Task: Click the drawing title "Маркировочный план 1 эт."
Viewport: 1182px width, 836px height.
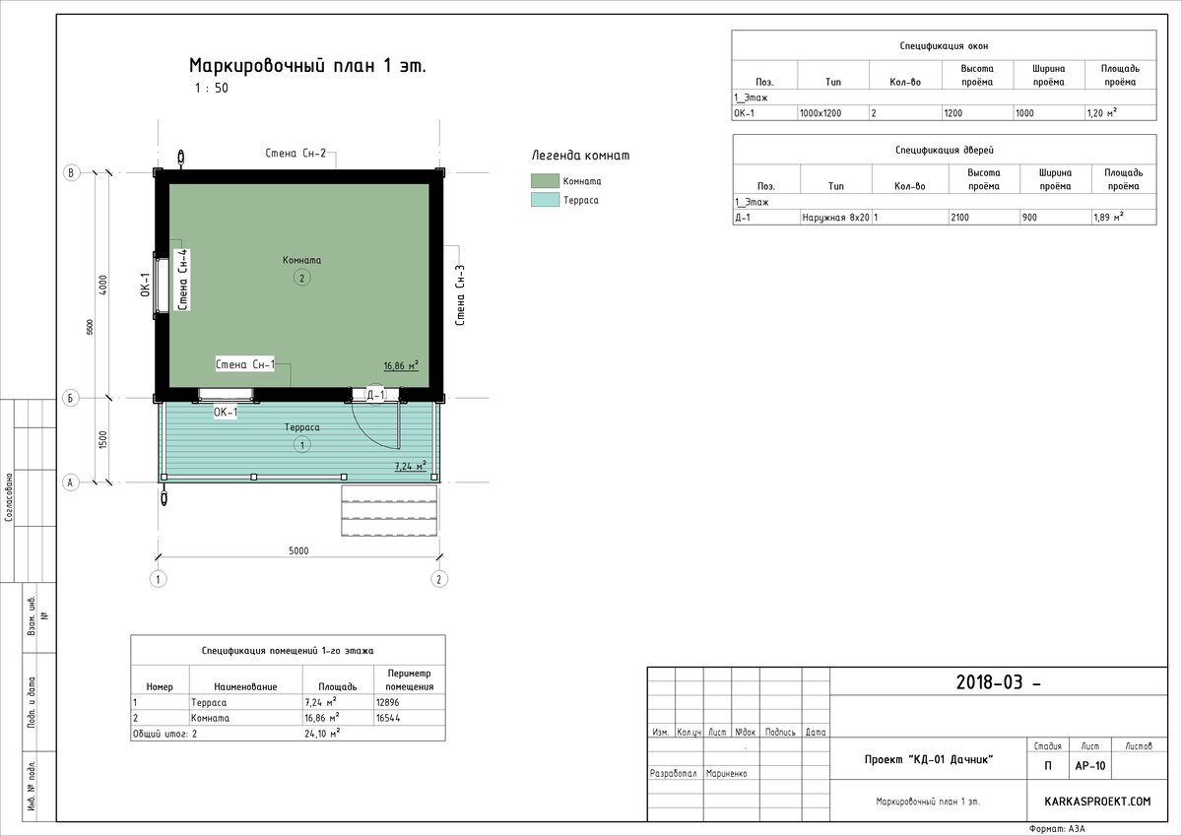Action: [307, 66]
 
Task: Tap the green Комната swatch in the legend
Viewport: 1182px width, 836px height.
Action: [545, 181]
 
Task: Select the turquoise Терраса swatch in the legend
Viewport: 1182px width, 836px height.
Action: [545, 199]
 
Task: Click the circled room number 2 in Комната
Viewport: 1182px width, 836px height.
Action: [301, 278]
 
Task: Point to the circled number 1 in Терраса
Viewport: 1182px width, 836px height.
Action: [301, 445]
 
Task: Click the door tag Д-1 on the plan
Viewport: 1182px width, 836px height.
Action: [375, 395]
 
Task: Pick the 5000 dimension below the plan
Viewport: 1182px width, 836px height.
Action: [298, 550]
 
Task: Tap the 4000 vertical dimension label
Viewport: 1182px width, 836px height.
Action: [102, 285]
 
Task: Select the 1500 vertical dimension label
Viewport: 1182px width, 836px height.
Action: [102, 440]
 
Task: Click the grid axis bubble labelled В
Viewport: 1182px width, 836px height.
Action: [71, 172]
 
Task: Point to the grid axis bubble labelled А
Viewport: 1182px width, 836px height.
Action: [71, 482]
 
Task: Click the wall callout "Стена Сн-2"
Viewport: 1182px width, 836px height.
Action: [295, 153]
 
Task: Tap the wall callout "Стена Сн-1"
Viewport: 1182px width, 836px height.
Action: [245, 364]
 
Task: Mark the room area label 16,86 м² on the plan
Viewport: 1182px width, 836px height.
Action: [401, 365]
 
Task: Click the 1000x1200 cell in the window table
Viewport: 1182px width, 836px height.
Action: [821, 113]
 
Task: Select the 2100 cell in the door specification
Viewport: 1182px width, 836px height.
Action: [959, 218]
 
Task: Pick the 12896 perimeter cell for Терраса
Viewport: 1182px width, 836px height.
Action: [388, 702]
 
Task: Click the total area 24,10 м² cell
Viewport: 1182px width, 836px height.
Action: [322, 734]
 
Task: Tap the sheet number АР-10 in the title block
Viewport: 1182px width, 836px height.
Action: [1090, 766]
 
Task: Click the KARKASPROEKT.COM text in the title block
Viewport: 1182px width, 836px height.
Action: [1097, 802]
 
